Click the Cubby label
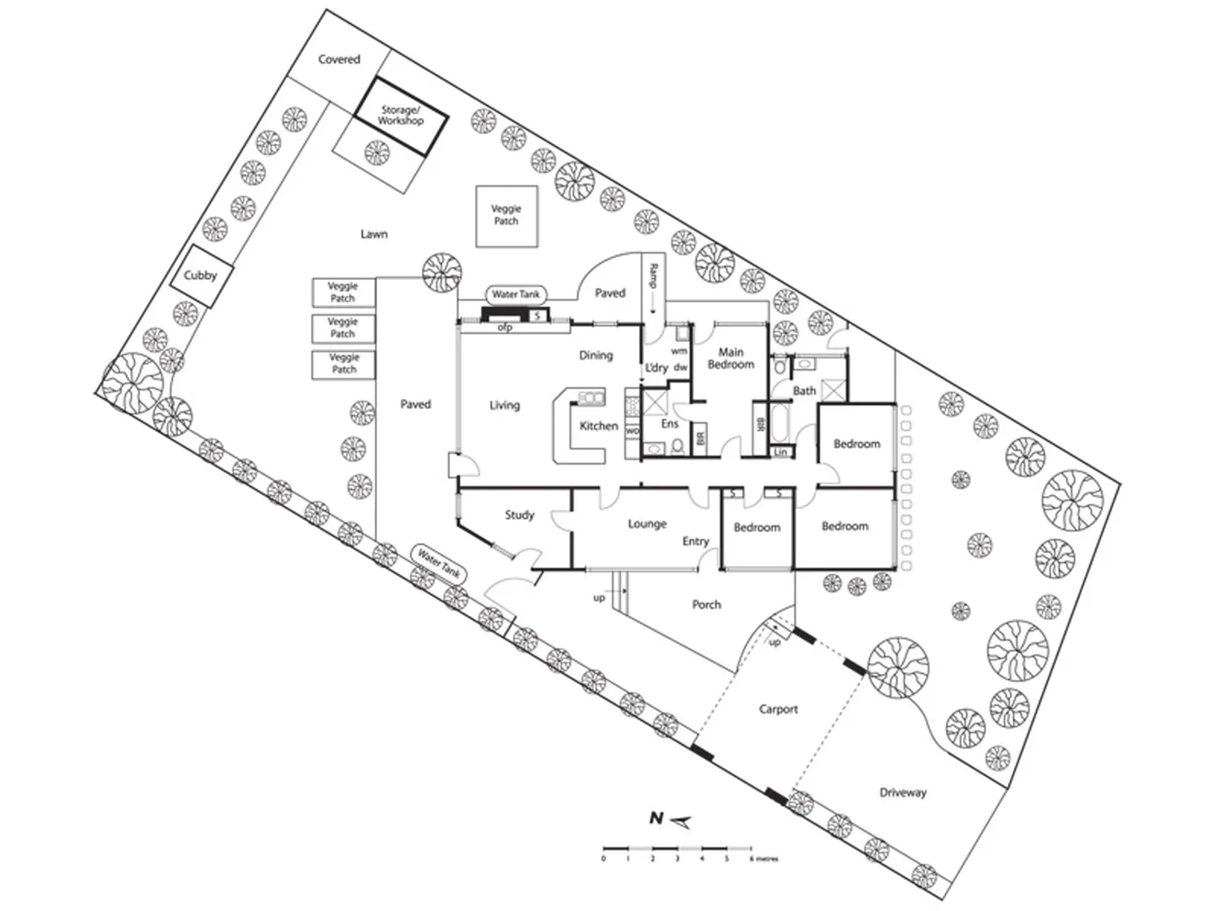click(x=201, y=275)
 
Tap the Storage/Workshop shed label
click(x=400, y=116)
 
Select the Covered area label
click(x=339, y=60)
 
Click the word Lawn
click(x=374, y=234)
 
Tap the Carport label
click(x=778, y=709)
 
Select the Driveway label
click(x=903, y=793)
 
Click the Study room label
click(x=520, y=515)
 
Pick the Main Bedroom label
click(x=731, y=358)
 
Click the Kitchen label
click(x=598, y=426)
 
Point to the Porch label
click(x=706, y=604)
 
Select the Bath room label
click(x=804, y=391)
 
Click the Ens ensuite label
click(x=669, y=423)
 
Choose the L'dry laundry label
click(x=656, y=368)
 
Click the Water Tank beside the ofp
click(x=516, y=294)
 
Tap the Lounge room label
click(x=647, y=524)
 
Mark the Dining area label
click(x=596, y=355)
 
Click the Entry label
click(x=695, y=542)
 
